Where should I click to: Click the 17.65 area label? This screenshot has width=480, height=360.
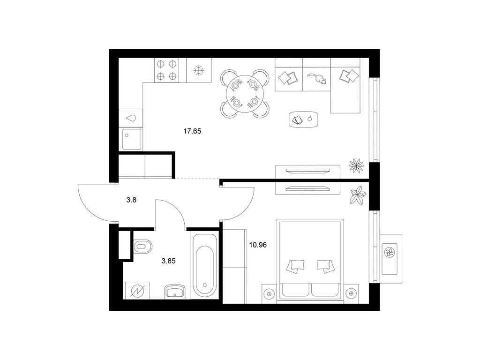tap(192, 131)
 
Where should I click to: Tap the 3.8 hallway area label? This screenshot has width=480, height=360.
tap(131, 200)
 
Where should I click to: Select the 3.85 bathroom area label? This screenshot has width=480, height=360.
tap(169, 261)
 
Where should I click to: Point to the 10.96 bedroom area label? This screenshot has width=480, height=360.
tap(258, 245)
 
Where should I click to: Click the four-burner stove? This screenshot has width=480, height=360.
tap(167, 70)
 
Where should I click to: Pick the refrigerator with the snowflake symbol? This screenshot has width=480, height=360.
tap(199, 70)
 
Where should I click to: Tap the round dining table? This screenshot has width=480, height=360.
tap(245, 93)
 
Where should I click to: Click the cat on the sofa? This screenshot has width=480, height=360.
tap(317, 78)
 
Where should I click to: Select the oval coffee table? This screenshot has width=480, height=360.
tap(304, 119)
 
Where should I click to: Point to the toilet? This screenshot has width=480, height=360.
tap(142, 246)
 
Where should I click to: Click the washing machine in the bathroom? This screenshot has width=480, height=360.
tap(137, 291)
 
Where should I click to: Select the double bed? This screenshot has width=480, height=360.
tap(310, 261)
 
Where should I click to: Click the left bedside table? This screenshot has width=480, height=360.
tap(270, 293)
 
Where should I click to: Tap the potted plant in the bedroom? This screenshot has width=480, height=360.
tap(358, 195)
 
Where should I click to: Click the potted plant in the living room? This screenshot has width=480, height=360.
tap(356, 165)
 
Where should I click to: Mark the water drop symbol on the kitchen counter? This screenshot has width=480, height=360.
tap(132, 118)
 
